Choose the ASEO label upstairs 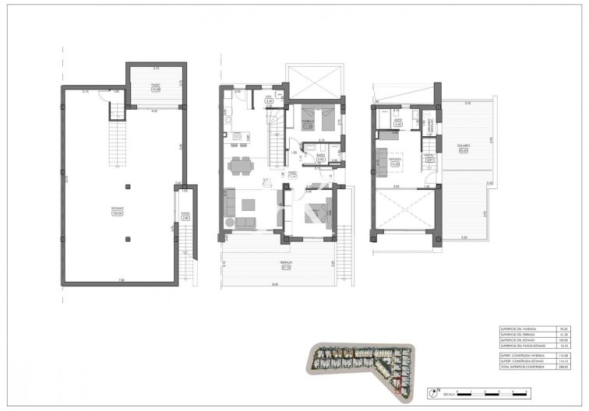397,120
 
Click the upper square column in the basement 128,186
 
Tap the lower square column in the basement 128,231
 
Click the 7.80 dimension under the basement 120,280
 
